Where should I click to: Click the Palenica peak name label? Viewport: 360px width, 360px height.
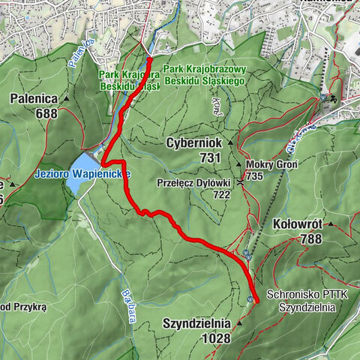34,98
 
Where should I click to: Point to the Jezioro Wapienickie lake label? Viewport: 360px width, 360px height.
82,173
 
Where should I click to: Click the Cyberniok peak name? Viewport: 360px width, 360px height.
194,142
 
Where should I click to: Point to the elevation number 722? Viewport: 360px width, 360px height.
221,193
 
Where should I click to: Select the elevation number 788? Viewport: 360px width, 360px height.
309,239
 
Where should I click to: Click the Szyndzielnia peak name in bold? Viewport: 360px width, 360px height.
196,324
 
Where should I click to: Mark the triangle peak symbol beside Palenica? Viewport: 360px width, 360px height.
66,98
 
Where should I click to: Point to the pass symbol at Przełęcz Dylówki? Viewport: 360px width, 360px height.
240,182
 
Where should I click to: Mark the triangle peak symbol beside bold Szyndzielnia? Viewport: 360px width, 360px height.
238,323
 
